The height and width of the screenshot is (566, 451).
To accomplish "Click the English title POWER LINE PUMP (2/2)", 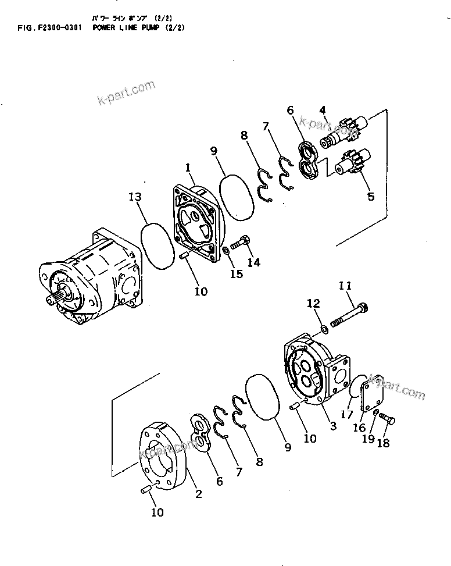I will click(139, 27).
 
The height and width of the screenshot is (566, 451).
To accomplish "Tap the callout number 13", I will click(135, 198).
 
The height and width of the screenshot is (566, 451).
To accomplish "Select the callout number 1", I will click(189, 167).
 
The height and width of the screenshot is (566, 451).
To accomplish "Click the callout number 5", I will click(370, 197).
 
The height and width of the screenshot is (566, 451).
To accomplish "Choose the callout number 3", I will click(333, 426).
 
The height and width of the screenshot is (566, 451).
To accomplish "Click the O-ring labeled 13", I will click(158, 244).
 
